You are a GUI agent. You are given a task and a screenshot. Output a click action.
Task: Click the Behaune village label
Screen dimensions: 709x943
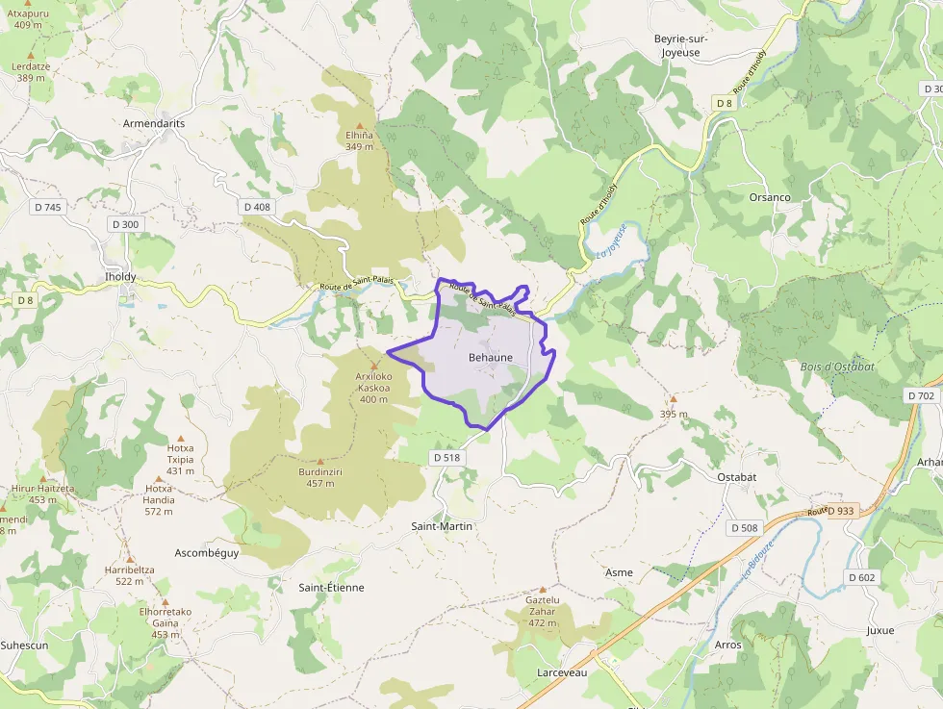pos(490,357)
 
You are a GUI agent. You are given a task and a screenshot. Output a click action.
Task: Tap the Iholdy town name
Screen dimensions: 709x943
pos(120,277)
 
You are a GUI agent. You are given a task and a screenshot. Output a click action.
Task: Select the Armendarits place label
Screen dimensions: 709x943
pos(154,124)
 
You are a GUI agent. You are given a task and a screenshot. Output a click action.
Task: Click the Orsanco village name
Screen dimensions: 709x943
pos(770,197)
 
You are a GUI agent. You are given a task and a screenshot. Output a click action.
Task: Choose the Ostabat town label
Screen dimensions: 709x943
pos(737,477)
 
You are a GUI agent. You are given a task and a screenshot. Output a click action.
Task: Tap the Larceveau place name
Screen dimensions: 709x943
pos(563,672)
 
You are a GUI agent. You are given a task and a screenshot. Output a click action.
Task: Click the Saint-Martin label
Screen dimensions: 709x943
pos(443,526)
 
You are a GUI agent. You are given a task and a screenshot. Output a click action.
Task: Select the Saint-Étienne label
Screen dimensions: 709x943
pos(331,587)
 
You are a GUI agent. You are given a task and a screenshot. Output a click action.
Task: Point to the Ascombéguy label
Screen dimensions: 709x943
pos(207,553)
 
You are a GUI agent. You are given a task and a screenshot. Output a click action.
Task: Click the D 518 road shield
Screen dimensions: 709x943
pos(446,458)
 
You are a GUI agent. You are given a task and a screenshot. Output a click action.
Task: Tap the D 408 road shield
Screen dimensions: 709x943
pos(257,207)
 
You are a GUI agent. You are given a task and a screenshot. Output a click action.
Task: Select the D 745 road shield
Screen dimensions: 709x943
pos(47,207)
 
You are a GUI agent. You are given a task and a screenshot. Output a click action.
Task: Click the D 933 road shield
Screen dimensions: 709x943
pos(840,511)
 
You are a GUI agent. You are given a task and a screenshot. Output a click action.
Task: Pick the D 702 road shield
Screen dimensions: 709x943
pos(921,395)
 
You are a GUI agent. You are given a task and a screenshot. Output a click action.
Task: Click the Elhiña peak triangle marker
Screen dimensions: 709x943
pos(361,125)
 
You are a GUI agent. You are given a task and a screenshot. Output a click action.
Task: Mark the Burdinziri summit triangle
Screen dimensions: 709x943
pos(320,462)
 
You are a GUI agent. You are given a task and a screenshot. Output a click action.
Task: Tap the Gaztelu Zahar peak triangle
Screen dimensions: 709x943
pos(543,589)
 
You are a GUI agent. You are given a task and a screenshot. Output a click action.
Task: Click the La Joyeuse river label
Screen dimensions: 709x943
pos(611,241)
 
